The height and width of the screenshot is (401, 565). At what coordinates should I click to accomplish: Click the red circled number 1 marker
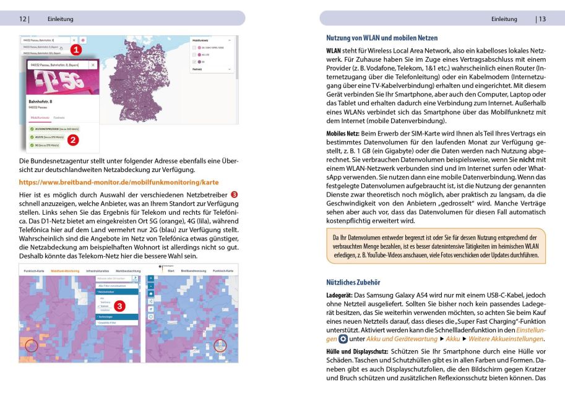coord(75,48)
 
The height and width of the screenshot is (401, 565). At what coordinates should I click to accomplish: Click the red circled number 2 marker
coord(73,139)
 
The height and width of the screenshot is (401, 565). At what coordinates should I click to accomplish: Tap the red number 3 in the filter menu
coord(121,305)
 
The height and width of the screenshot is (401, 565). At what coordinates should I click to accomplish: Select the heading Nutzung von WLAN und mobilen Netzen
coord(382,38)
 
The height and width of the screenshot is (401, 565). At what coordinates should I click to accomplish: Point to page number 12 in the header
coord(23,19)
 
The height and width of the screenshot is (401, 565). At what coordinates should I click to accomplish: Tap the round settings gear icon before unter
coord(343,339)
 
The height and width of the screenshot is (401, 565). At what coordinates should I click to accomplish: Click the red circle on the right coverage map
coord(221,347)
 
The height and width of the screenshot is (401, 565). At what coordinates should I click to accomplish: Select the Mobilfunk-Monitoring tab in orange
coord(65,271)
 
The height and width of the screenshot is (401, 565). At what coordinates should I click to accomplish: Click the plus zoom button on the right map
coord(150,278)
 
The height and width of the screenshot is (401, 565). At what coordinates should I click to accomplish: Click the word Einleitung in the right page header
coord(504,19)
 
